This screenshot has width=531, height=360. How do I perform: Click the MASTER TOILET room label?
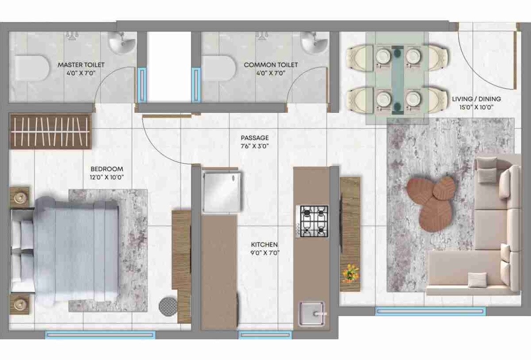coord(81,65)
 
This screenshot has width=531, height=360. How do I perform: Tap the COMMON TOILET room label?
coord(271,65)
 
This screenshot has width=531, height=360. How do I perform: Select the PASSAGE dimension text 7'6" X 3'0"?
coord(255,146)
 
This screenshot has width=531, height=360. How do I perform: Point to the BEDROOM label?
coord(107,169)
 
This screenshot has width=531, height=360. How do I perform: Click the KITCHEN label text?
coord(264,244)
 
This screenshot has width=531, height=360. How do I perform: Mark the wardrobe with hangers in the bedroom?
coord(50,132)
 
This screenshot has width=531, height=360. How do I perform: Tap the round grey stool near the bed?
coord(167,306)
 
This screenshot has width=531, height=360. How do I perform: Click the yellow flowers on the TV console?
coord(351,273)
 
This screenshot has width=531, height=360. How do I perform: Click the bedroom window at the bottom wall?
coord(100,335)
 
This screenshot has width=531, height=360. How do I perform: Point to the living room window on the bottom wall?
coord(430,312)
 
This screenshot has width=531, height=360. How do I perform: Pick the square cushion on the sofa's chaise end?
coord(477,279)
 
